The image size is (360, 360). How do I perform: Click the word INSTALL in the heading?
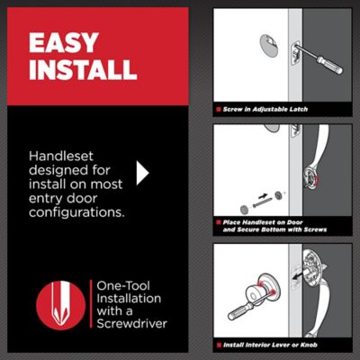click(x=82, y=69)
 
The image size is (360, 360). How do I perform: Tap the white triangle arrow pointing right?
click(x=141, y=173)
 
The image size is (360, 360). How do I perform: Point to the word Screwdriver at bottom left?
click(x=134, y=322)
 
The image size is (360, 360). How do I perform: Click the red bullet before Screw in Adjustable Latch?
click(x=218, y=108)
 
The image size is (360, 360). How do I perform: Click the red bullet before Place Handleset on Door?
click(x=218, y=220)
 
